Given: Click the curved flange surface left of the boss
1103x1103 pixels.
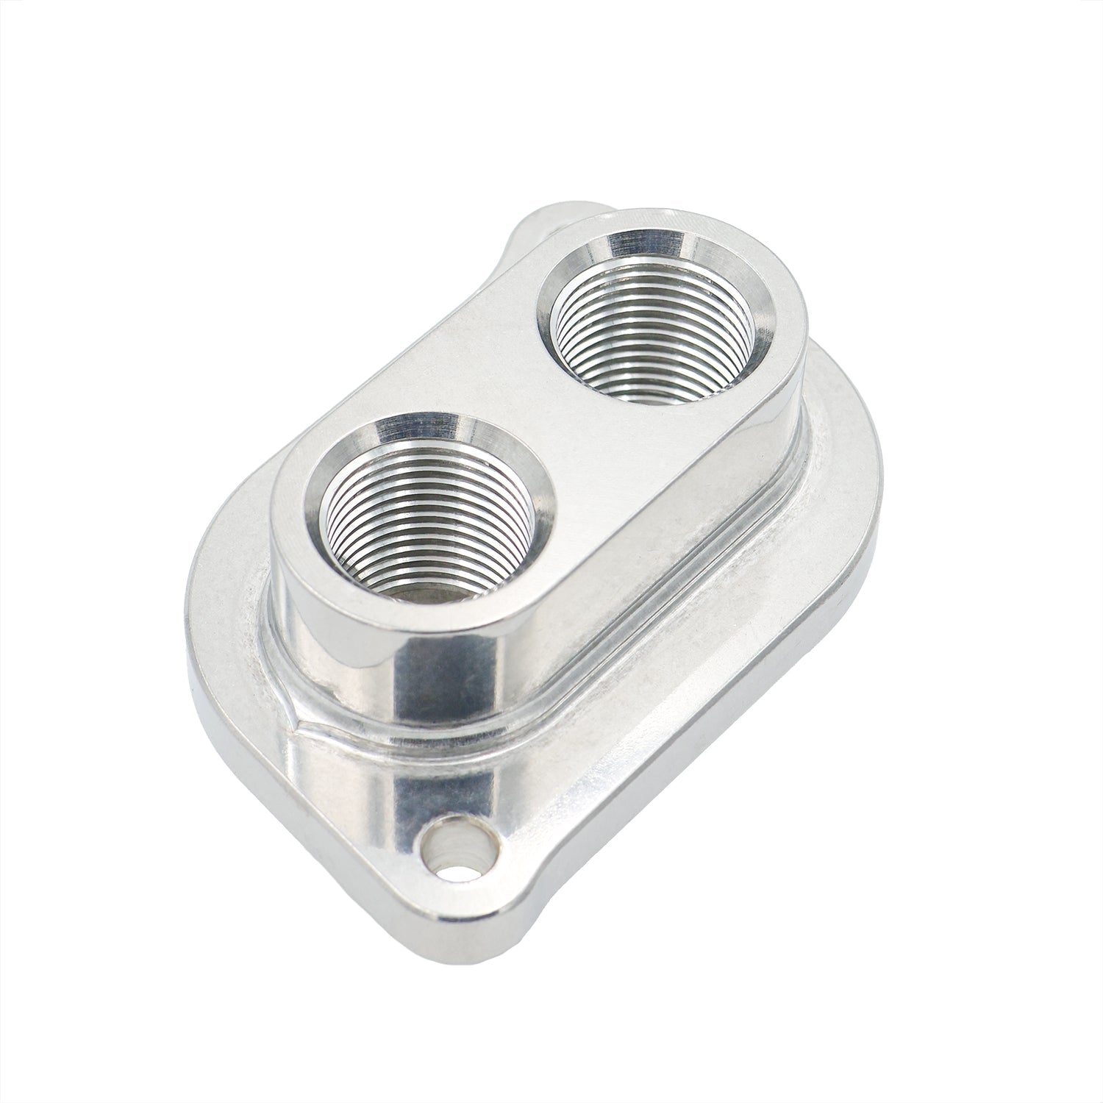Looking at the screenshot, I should coord(228,588).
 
